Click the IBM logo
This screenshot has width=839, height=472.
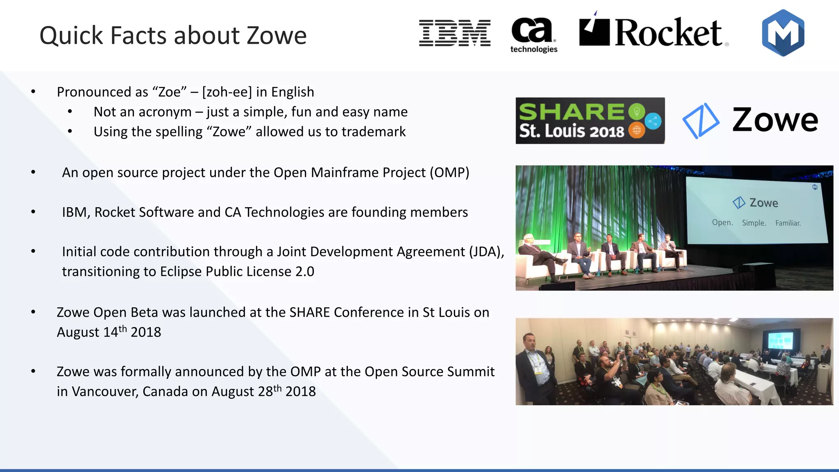455,33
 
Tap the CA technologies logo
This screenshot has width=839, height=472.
533,35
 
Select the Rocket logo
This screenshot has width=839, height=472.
653,32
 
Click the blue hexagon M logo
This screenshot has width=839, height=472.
783,33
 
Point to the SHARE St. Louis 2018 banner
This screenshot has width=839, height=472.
590,120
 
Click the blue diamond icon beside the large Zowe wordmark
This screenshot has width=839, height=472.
700,120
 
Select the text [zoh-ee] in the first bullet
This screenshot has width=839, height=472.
227,92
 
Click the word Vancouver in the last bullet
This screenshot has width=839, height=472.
104,392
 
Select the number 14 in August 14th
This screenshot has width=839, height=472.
111,332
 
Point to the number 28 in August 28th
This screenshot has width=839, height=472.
265,392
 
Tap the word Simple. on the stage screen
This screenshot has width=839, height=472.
754,223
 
